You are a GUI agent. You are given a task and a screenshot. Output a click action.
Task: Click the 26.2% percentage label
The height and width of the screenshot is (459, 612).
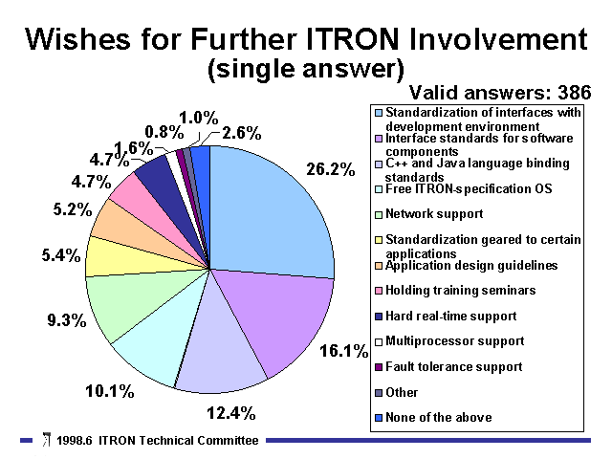[x=331, y=169]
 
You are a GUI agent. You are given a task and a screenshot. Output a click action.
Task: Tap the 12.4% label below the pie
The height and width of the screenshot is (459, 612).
[x=231, y=413]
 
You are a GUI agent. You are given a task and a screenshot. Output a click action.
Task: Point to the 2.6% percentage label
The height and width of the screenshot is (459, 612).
[x=242, y=134]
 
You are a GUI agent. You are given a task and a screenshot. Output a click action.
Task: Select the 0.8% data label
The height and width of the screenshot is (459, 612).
[x=164, y=132]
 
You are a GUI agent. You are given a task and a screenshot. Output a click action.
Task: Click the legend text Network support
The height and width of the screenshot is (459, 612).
[x=434, y=214]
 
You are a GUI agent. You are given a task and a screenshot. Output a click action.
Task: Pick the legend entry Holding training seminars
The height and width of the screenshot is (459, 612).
[x=461, y=291]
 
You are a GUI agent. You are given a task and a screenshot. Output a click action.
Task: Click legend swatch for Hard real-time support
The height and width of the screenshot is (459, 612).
[x=379, y=317]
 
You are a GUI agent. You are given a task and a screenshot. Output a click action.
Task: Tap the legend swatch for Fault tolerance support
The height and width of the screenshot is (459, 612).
[x=379, y=367]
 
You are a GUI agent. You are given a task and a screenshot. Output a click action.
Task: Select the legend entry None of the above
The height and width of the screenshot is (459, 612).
[x=438, y=418]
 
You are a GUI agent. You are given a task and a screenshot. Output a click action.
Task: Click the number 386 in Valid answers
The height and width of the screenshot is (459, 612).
[x=575, y=93]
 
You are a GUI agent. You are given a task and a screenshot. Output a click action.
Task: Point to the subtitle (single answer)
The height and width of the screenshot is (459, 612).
[x=306, y=70]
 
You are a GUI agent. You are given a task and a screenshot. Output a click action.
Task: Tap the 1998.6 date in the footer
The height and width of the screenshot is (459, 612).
[x=75, y=441]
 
